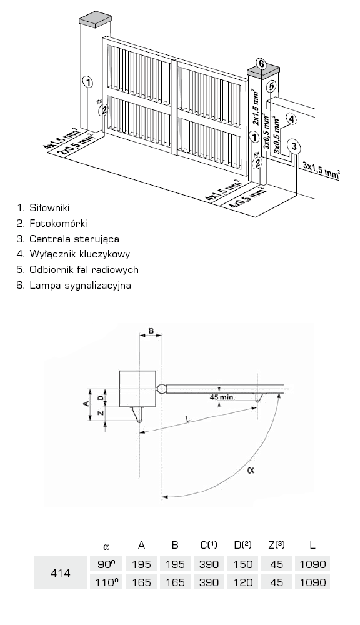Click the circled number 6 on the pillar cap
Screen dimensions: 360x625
pyautogui.click(x=261, y=63)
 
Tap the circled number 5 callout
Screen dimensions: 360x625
pyautogui.click(x=271, y=86)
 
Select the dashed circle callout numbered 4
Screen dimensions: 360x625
pyautogui.click(x=291, y=119)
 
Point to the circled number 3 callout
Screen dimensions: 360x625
pyautogui.click(x=294, y=147)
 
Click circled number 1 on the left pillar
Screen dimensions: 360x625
pyautogui.click(x=87, y=82)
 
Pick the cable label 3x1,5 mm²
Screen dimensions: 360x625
pyautogui.click(x=321, y=169)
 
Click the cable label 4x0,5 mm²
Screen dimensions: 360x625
pyautogui.click(x=248, y=198)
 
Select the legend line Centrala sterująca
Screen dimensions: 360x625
pyautogui.click(x=67, y=239)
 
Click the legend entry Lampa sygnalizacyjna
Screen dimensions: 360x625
pyautogui.click(x=74, y=286)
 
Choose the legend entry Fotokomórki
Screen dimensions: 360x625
pyautogui.click(x=52, y=223)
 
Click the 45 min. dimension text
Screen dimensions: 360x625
pyautogui.click(x=222, y=397)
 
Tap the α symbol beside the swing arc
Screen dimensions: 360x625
pyautogui.click(x=251, y=470)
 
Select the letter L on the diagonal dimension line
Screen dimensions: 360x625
pyautogui.click(x=187, y=419)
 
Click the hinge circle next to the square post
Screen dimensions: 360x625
pyautogui.click(x=161, y=389)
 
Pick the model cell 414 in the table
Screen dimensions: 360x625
pyautogui.click(x=61, y=573)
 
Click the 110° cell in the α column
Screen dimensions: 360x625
pyautogui.click(x=106, y=582)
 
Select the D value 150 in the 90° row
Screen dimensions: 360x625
pyautogui.click(x=243, y=564)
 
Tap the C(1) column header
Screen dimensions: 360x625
pyautogui.click(x=209, y=545)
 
